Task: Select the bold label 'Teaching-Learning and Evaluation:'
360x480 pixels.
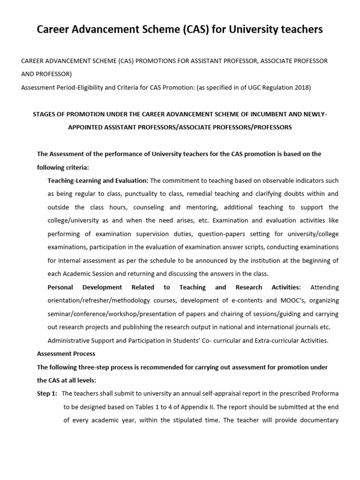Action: [x=98, y=180]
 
